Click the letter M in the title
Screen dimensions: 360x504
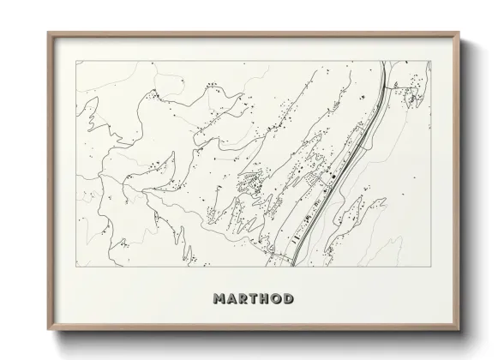click(x=217, y=299)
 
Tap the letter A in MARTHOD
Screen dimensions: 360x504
click(x=230, y=299)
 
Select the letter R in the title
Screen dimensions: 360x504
click(x=242, y=299)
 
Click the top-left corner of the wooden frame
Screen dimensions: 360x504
click(x=48, y=33)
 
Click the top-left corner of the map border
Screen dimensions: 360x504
click(x=75, y=60)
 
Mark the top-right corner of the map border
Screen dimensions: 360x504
click(x=430, y=60)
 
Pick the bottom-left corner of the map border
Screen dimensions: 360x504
click(x=75, y=267)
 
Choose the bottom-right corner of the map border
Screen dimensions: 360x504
click(x=430, y=267)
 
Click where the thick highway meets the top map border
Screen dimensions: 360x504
click(x=384, y=61)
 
